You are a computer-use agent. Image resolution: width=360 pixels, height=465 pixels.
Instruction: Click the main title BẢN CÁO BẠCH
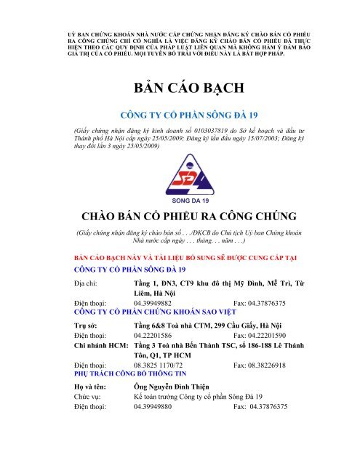[180, 89]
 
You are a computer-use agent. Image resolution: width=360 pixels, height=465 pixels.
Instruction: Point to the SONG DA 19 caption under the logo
[180, 197]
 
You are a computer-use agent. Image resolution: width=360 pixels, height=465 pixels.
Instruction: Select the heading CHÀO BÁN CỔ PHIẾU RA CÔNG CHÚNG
[180, 216]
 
